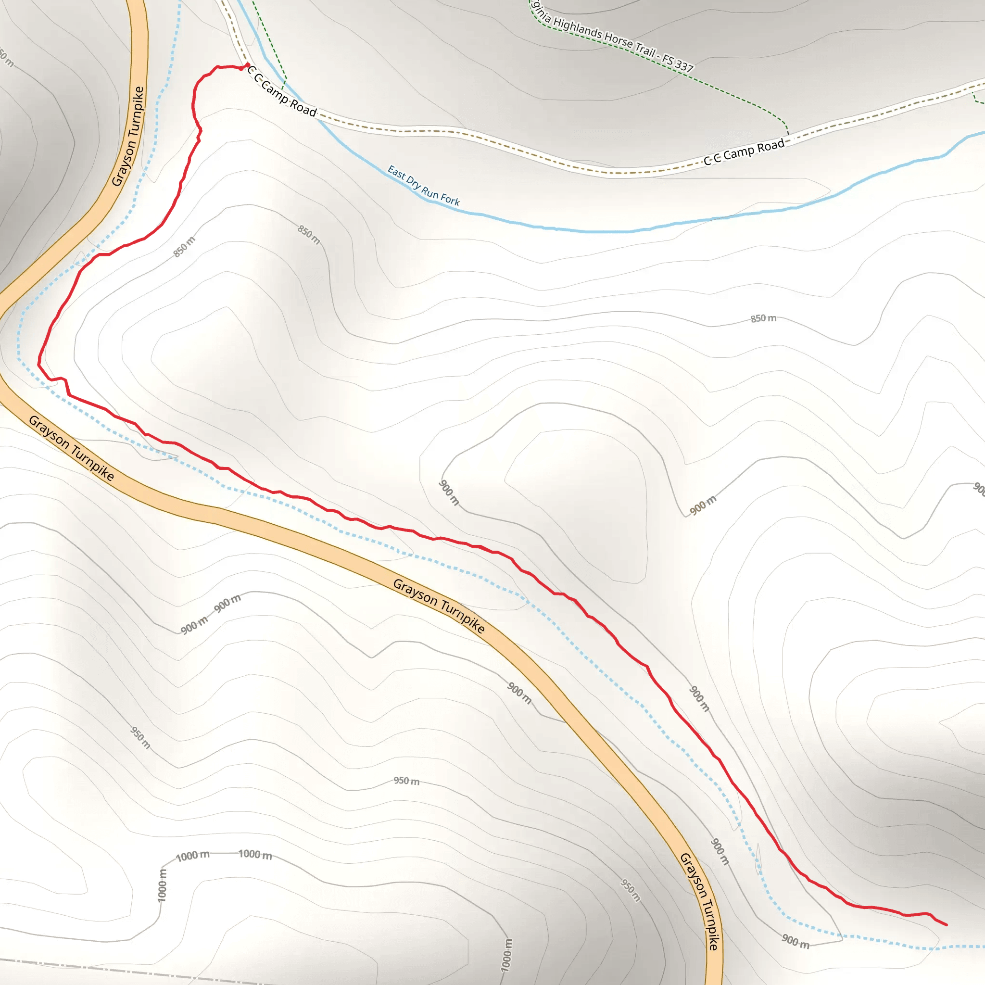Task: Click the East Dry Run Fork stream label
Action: click(x=423, y=186)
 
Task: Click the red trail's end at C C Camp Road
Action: click(x=248, y=65)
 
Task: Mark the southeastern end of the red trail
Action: click(x=946, y=925)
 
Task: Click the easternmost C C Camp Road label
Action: click(x=744, y=152)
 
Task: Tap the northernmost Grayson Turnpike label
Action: click(x=128, y=136)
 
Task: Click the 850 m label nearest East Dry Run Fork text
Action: click(x=309, y=235)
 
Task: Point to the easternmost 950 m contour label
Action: click(x=630, y=890)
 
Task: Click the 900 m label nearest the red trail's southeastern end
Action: click(x=796, y=941)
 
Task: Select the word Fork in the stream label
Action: click(x=450, y=199)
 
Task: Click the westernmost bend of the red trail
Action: click(x=39, y=364)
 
